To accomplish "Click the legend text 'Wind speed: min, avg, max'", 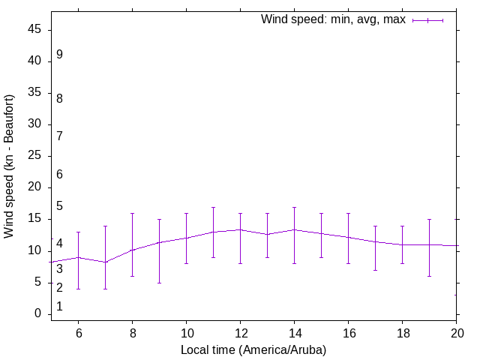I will point(333,19).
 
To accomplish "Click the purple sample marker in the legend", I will point(427,20).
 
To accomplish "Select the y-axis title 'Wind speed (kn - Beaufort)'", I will point(9,166).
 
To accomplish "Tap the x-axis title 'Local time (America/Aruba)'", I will point(253,350).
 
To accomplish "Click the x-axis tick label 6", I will point(78,334).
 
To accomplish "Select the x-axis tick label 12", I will point(240,334).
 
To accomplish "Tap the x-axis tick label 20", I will point(456,334).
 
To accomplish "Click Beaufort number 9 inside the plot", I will point(59,55).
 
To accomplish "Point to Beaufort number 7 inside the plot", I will point(59,136).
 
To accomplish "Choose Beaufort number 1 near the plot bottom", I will point(59,307).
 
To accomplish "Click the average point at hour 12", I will point(240,229).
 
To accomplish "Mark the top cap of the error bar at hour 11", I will point(213,207).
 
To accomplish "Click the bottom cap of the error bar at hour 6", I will point(78,289).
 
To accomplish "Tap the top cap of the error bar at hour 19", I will point(429,219).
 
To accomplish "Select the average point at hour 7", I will point(105,262).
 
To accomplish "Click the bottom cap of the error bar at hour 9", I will point(159,283).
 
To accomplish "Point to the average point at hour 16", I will point(348,237).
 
